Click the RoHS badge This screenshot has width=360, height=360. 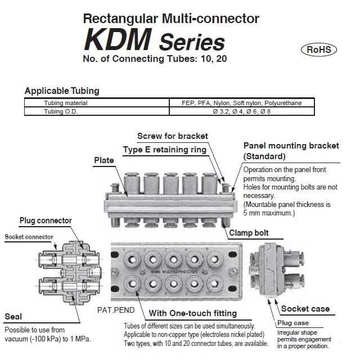tap(318, 49)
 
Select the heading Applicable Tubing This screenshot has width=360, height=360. tap(62, 91)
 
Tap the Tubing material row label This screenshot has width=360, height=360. tap(66, 103)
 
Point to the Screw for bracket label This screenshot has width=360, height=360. tap(173, 136)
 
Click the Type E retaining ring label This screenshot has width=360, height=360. tap(164, 149)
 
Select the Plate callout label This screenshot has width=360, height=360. tap(103, 160)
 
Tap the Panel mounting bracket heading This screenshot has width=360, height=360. tap(291, 150)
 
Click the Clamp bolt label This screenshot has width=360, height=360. tap(248, 232)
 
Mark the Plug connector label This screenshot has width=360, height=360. tap(46, 220)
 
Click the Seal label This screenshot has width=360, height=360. tap(13, 316)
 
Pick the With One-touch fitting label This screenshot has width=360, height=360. tap(193, 313)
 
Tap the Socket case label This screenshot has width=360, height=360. tap(305, 309)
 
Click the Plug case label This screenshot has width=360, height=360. tap(294, 322)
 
